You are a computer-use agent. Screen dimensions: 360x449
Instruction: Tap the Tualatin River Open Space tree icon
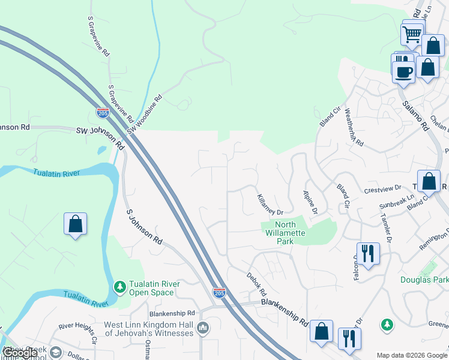pyautogui.click(x=120, y=286)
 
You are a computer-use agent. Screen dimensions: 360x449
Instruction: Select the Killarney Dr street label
pyautogui.click(x=270, y=204)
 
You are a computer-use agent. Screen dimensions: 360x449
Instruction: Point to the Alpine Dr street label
pyautogui.click(x=309, y=203)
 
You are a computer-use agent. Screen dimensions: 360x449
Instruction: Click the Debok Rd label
pyautogui.click(x=256, y=284)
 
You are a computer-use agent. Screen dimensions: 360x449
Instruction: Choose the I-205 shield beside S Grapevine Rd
pyautogui.click(x=103, y=113)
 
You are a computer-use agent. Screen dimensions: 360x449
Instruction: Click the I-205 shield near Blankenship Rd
pyautogui.click(x=219, y=293)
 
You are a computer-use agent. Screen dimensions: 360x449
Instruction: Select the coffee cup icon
pyautogui.click(x=402, y=72)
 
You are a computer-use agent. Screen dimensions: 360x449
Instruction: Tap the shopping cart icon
pyautogui.click(x=412, y=34)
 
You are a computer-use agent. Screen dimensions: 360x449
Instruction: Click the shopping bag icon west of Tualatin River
pyautogui.click(x=75, y=224)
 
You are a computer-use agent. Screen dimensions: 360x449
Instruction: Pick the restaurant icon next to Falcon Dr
pyautogui.click(x=367, y=253)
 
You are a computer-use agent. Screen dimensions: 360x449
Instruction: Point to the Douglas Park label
pyautogui.click(x=424, y=280)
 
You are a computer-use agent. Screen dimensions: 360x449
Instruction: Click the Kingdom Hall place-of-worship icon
pyautogui.click(x=203, y=328)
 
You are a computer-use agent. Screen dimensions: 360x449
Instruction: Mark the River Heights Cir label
pyautogui.click(x=78, y=333)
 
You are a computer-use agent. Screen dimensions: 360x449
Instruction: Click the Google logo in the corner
pyautogui.click(x=20, y=353)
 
